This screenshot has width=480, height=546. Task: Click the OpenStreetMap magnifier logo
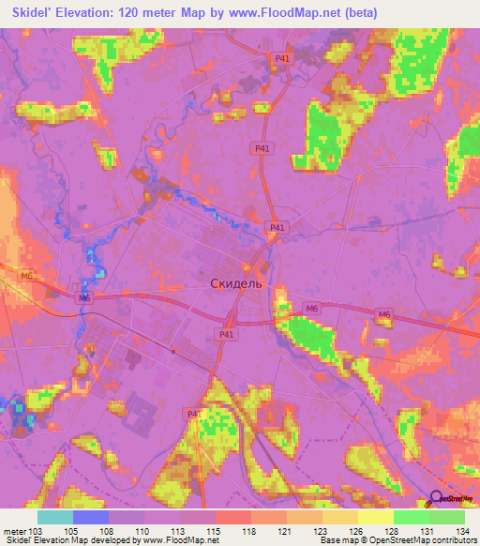click(436, 498)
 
